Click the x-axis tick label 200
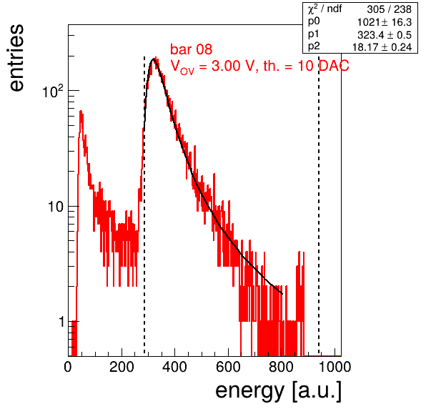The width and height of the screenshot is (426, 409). tap(122, 367)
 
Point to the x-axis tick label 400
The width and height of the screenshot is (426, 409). tap(174, 367)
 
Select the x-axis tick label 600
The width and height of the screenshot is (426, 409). tap(228, 367)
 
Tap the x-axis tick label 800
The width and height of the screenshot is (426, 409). tap(281, 367)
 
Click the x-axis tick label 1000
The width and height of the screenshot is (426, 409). tap(335, 367)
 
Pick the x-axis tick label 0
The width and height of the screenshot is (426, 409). tap(68, 367)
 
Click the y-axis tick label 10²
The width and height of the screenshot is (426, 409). tap(53, 92)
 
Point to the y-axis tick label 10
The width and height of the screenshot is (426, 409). tap(56, 207)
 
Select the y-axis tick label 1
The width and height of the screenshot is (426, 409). tap(61, 322)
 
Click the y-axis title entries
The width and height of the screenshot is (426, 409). tap(17, 58)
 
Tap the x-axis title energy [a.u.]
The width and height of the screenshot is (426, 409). tap(278, 390)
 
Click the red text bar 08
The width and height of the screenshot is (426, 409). tap(192, 49)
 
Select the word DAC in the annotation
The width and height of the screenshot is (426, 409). tap(334, 66)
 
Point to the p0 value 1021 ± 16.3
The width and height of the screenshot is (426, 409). tap(384, 22)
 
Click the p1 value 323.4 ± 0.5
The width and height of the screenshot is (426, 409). tap(384, 35)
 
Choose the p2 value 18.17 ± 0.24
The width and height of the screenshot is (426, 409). tap(382, 47)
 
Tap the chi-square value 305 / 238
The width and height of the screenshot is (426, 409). tap(389, 9)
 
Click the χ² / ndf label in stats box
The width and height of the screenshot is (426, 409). tap(325, 9)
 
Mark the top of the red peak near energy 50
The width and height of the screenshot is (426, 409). tap(81, 111)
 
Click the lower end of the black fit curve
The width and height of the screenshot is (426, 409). tap(282, 294)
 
